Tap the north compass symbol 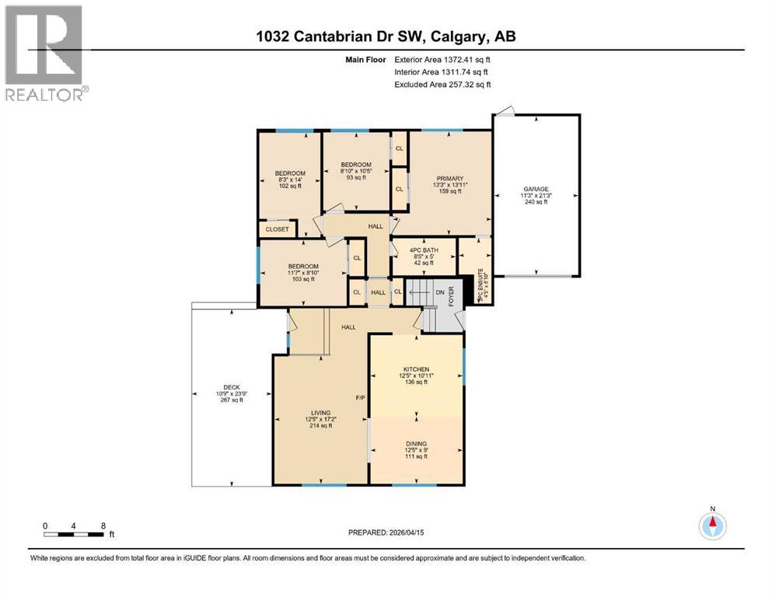pyautogui.click(x=712, y=525)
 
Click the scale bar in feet pyautogui.click(x=75, y=534)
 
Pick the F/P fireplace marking pyautogui.click(x=360, y=398)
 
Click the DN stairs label pyautogui.click(x=440, y=292)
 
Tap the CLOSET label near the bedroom pyautogui.click(x=277, y=229)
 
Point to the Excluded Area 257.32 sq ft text pyautogui.click(x=442, y=84)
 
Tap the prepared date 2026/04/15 pyautogui.click(x=386, y=533)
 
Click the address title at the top pyautogui.click(x=386, y=36)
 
